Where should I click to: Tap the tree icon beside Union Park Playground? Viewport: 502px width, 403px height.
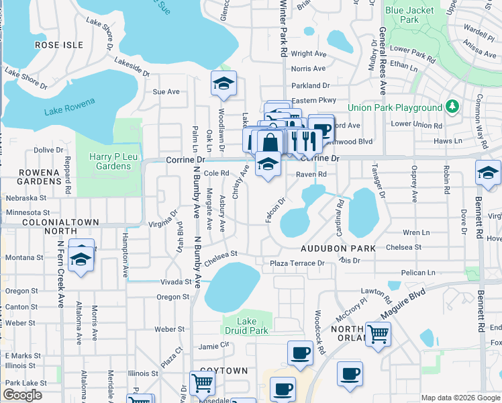(x=452, y=107)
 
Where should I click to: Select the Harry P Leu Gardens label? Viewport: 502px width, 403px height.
(x=110, y=161)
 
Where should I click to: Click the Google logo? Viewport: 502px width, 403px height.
(x=23, y=395)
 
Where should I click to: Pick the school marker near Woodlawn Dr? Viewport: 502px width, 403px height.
(x=223, y=83)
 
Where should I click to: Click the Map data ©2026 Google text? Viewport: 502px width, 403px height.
(x=460, y=398)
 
